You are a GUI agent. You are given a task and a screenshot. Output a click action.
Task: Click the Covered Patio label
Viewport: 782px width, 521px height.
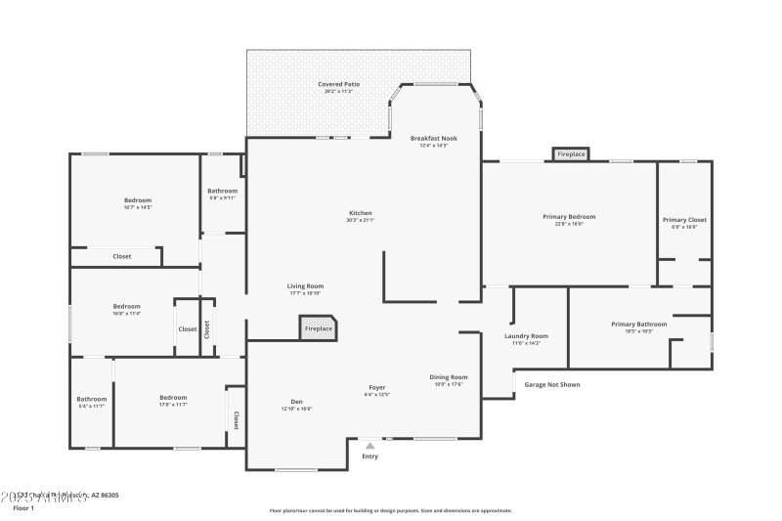click(338, 85)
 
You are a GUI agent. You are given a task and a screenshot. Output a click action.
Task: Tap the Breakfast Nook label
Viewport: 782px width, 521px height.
click(433, 139)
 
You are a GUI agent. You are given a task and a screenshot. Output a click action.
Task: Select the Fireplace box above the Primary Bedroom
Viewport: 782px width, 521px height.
click(570, 154)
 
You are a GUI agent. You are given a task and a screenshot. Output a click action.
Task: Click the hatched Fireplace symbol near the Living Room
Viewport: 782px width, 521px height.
click(318, 327)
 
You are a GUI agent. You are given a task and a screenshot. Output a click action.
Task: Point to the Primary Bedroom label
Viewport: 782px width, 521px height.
click(569, 217)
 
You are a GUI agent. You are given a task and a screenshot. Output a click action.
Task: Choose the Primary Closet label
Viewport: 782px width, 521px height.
click(684, 220)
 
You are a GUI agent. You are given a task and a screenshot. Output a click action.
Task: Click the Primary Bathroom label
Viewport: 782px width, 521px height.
click(639, 325)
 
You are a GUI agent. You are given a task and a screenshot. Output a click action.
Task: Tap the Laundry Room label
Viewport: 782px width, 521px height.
click(526, 336)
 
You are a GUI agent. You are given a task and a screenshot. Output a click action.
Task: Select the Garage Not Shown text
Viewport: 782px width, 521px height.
click(552, 384)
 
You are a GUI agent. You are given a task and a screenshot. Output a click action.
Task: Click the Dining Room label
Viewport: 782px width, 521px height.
click(449, 377)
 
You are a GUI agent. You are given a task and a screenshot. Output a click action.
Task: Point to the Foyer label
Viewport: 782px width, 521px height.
click(376, 388)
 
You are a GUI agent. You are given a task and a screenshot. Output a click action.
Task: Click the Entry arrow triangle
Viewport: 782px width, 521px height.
click(369, 446)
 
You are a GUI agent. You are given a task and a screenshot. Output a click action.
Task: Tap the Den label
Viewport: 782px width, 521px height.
click(297, 402)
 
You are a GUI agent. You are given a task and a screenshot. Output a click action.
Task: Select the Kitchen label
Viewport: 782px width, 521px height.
click(361, 213)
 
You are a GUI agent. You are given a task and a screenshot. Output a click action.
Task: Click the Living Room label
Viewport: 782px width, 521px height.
click(306, 286)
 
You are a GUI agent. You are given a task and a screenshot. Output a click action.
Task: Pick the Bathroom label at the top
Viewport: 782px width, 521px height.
click(222, 191)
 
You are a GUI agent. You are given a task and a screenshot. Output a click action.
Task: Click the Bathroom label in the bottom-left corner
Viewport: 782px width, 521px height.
click(92, 398)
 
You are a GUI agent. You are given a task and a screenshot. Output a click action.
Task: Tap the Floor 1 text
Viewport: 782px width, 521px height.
click(23, 508)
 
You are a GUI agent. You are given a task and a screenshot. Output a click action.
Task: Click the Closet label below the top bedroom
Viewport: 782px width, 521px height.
click(122, 256)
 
